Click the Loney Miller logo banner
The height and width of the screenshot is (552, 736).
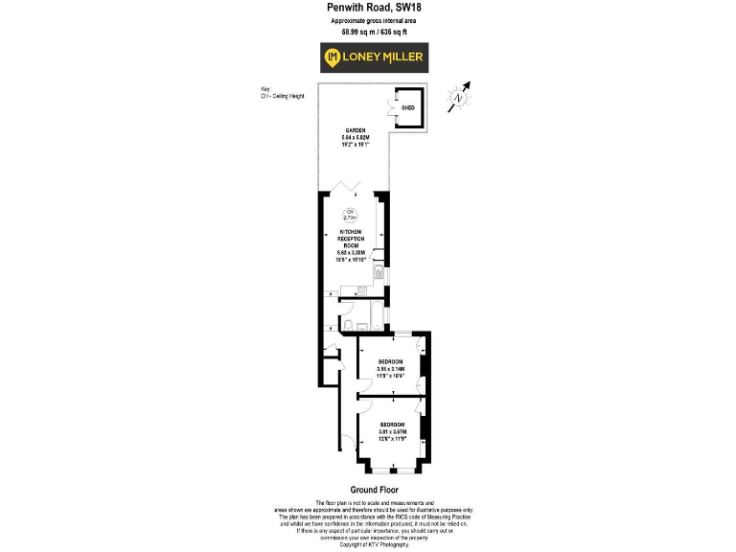tap(374, 58)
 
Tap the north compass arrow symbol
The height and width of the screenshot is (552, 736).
tap(461, 94)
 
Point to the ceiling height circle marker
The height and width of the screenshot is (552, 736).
tap(351, 216)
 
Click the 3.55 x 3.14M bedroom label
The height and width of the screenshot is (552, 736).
tap(391, 369)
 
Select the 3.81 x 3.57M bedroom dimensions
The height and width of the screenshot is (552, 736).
tap(393, 431)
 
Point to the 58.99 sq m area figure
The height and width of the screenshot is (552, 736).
tap(353, 32)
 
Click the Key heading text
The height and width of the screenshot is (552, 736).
tap(265, 89)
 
